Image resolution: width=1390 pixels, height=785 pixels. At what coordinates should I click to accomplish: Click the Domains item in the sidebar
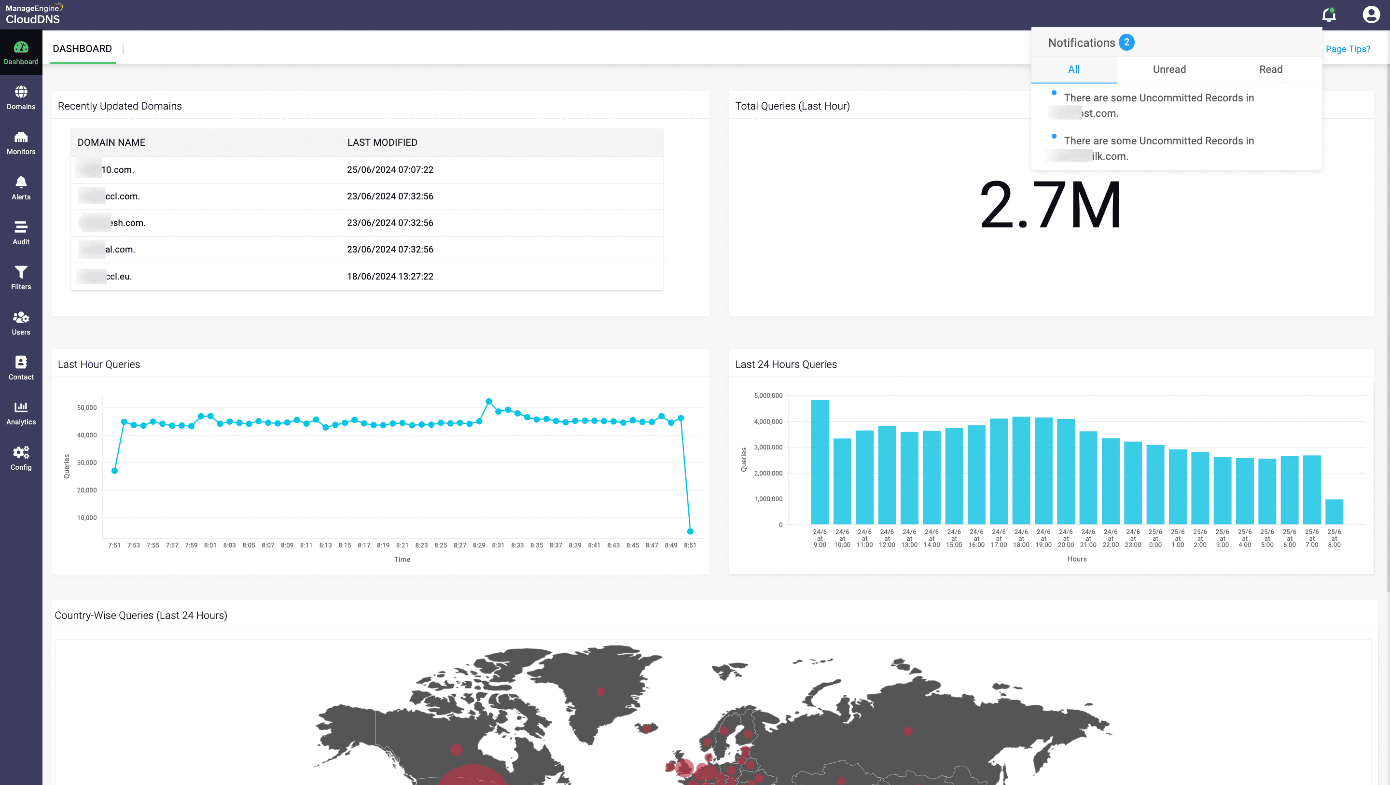click(x=21, y=98)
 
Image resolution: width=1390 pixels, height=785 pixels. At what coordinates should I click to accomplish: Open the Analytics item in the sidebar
click(x=21, y=413)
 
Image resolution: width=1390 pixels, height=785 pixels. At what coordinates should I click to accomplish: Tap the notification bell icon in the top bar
click(x=1329, y=14)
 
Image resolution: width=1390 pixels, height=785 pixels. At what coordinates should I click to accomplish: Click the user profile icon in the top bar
click(x=1371, y=14)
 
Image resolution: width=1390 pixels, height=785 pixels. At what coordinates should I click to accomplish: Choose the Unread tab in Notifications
click(x=1169, y=70)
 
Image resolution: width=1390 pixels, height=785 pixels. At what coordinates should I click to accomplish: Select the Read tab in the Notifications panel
click(x=1270, y=70)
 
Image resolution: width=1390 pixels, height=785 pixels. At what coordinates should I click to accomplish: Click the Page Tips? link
click(x=1348, y=49)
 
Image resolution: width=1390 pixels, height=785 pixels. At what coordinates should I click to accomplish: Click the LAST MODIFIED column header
click(x=382, y=142)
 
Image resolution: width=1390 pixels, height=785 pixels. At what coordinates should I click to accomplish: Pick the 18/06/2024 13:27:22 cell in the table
click(x=389, y=277)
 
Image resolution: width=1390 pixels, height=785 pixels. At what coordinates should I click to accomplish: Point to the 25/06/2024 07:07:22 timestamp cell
click(x=389, y=169)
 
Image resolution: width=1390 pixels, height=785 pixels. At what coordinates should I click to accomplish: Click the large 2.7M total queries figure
click(x=1050, y=206)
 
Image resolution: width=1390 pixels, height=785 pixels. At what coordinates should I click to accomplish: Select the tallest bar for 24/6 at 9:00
click(x=820, y=462)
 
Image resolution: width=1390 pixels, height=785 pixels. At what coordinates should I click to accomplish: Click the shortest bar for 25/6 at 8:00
click(x=1334, y=511)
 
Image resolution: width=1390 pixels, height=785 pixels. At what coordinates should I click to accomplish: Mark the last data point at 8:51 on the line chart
click(x=690, y=531)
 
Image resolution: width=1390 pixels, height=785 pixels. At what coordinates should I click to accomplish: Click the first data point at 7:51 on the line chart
click(x=114, y=471)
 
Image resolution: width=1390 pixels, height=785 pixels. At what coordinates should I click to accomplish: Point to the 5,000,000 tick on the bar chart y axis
click(x=768, y=396)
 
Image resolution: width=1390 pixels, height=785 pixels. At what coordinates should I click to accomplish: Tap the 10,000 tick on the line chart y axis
click(x=87, y=518)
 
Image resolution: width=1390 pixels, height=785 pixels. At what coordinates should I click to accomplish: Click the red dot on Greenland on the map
click(x=601, y=691)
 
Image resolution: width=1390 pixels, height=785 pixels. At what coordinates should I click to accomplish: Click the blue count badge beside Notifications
click(x=1126, y=42)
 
